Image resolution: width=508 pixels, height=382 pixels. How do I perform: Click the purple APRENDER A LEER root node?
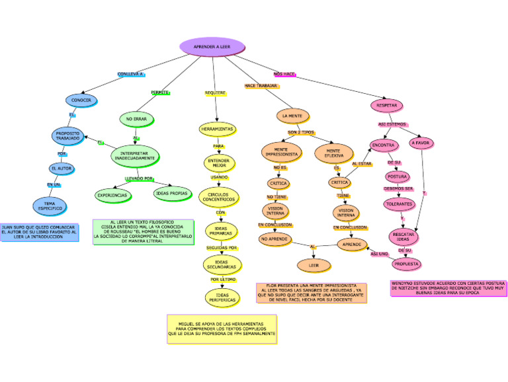coord(212,47)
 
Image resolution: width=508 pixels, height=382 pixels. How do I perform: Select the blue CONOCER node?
coord(81,100)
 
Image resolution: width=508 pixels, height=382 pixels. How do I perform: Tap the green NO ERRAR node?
coord(136,120)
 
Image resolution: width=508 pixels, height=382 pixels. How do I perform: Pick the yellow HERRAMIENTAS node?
coord(217,128)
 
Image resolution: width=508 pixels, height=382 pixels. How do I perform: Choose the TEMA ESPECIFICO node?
coord(50,206)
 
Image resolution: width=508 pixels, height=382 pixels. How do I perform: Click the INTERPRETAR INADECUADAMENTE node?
coord(136,157)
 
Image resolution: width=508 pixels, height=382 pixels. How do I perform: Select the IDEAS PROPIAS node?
coord(171,194)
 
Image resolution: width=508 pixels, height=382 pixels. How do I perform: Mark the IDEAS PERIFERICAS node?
coord(222,298)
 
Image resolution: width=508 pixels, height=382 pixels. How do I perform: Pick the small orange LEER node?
coord(314,265)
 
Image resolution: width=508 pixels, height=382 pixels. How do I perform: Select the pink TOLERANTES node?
coord(399,204)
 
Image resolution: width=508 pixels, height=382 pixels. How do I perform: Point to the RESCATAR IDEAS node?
coord(403,236)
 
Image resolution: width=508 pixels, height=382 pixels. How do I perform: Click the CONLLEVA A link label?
coord(130,74)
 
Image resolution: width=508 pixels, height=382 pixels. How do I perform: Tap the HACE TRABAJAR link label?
coord(261,86)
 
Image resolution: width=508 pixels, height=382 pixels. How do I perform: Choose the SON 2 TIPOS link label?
coord(301,133)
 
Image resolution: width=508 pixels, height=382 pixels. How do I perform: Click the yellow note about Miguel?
coord(222,328)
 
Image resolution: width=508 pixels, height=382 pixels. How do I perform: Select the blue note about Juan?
coord(39,232)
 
